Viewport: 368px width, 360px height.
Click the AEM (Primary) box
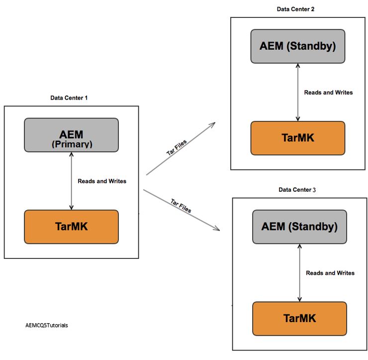coord(71,135)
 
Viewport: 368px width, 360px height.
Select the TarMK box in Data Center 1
coord(71,227)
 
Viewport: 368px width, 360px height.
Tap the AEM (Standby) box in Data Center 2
coord(297,46)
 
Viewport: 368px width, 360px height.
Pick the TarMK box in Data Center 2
coord(297,138)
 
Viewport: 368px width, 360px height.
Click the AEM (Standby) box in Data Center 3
coord(299,227)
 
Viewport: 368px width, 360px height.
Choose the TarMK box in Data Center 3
coord(299,318)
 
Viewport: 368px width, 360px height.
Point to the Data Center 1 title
coord(69,98)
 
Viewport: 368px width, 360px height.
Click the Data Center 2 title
coord(295,9)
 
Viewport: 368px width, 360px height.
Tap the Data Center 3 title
coord(297,190)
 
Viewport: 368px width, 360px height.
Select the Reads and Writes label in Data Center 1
coord(102,181)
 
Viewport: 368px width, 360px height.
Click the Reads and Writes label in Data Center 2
coord(328,93)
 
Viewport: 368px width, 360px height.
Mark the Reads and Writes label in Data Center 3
coord(330,273)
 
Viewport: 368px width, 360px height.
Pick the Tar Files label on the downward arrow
coord(181,205)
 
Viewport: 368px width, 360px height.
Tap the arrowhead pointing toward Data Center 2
coord(212,124)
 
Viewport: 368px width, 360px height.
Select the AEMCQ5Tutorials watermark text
coord(47,325)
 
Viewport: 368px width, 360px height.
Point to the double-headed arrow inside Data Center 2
coord(297,92)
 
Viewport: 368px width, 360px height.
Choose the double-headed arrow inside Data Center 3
coord(299,272)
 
